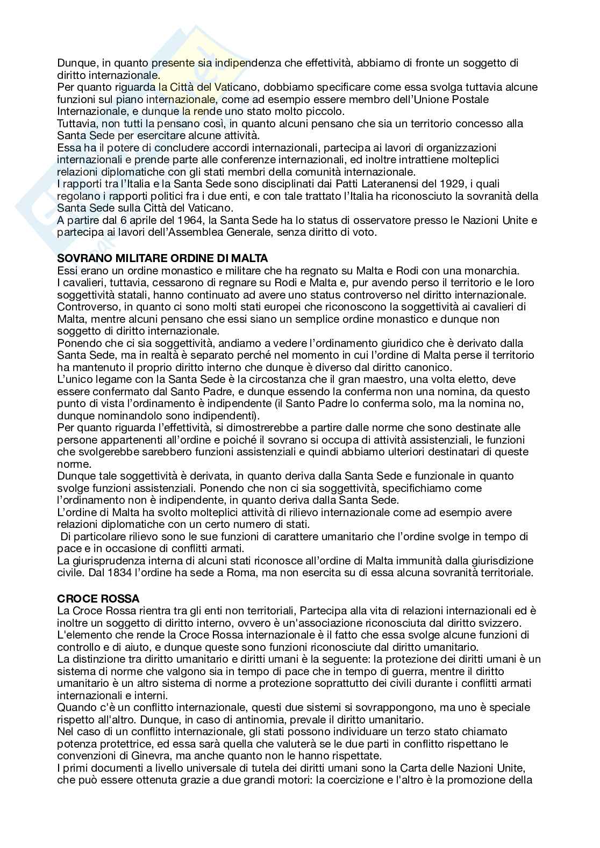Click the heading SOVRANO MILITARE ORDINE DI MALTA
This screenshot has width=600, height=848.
coord(162,258)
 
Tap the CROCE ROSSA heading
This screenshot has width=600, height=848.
coord(98,599)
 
